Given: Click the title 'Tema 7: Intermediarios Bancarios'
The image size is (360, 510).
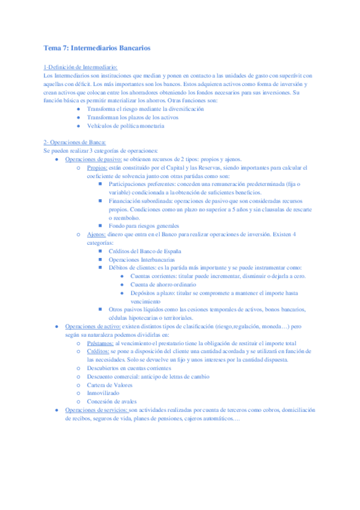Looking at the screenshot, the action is pyautogui.click(x=97, y=48).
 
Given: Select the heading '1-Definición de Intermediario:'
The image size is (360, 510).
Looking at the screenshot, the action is pyautogui.click(x=81, y=67).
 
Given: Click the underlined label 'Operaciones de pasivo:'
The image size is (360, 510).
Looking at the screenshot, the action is pyautogui.click(x=94, y=159).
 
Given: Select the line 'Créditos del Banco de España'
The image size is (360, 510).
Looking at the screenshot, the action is pyautogui.click(x=145, y=251).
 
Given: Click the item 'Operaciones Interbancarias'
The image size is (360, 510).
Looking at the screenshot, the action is pyautogui.click(x=142, y=259).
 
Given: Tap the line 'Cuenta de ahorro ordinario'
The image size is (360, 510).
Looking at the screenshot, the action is pyautogui.click(x=164, y=284).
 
